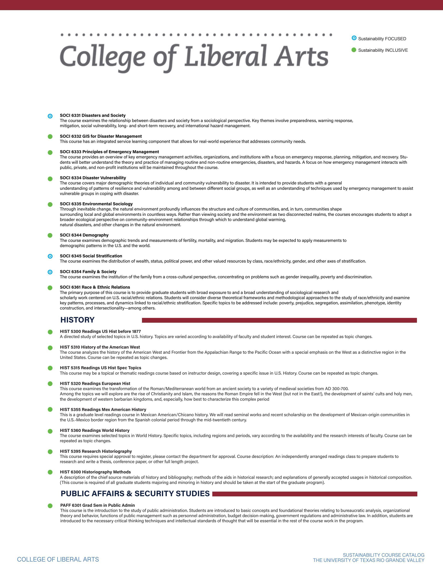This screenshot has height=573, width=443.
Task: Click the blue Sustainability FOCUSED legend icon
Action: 354,38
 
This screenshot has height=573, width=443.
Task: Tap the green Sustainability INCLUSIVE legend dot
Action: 354,50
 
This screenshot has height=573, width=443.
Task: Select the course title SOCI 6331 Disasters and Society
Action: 93,115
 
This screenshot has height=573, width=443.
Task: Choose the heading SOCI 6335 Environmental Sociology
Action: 96,204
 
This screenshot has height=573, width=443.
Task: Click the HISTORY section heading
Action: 77,320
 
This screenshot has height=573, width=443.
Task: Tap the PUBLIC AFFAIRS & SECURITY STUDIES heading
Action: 135,494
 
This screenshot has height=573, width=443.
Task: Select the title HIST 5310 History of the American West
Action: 100,347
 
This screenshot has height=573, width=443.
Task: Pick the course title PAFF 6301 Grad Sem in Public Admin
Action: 98,505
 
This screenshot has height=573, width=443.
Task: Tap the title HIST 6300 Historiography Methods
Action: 95,472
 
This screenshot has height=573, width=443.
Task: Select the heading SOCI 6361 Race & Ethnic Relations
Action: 95,287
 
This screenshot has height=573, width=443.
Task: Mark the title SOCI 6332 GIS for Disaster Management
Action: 101,136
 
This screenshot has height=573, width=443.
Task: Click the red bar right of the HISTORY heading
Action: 279,320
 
